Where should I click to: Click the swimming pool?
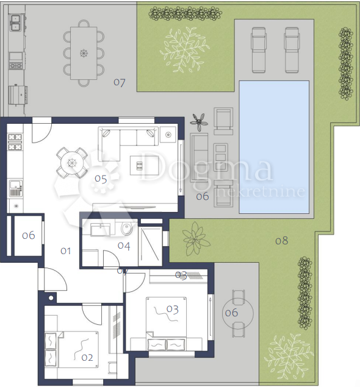tap(274, 147)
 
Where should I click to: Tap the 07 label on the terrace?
tap(119, 82)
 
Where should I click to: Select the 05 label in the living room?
tap(101, 179)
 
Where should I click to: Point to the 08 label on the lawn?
tap(281, 241)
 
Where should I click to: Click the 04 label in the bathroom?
tap(124, 246)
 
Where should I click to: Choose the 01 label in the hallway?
tap(66, 250)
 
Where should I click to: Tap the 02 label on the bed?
tap(87, 358)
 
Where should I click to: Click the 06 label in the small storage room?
tap(28, 235)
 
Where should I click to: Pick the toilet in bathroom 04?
tap(126, 229)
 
